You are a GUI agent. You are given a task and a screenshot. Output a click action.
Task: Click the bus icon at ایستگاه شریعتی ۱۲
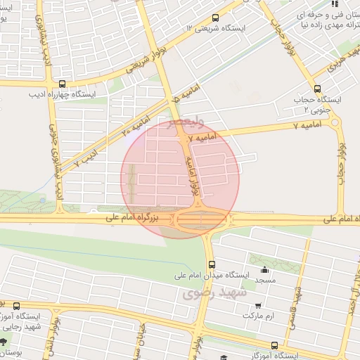(x=214, y=18)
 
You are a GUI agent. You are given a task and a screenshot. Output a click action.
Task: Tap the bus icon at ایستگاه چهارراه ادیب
(x=62, y=83)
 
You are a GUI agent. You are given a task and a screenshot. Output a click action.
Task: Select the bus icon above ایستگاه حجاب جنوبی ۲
(x=318, y=89)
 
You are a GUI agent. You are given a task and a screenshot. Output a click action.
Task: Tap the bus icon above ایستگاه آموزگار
(x=274, y=345)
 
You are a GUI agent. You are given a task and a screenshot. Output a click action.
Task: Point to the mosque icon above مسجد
(x=264, y=270)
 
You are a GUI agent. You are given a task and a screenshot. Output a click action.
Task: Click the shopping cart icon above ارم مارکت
(x=259, y=306)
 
